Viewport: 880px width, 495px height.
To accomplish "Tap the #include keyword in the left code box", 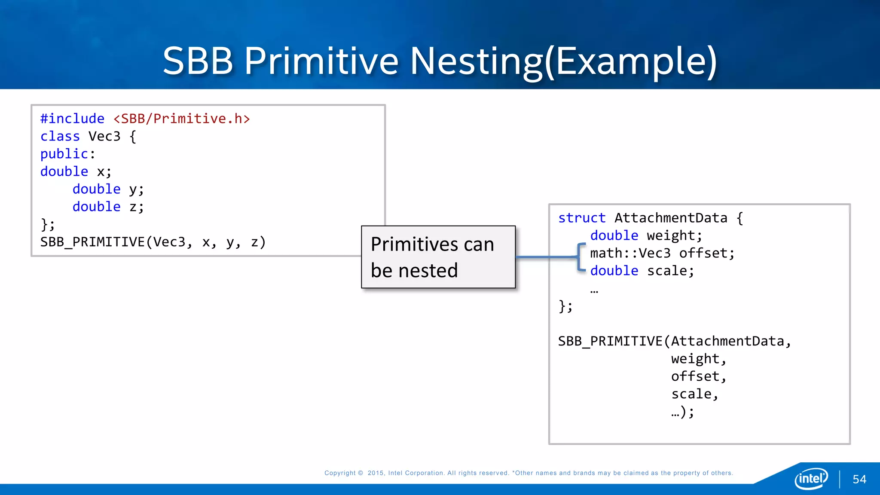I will click(72, 119).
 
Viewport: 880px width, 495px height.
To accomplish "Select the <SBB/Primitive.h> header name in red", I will click(181, 119).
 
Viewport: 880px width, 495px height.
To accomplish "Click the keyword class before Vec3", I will click(60, 136).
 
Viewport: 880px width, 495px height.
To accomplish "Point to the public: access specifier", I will click(67, 154).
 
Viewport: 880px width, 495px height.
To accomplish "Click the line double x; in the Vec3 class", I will click(76, 171).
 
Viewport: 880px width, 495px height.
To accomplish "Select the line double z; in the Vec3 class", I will click(108, 207).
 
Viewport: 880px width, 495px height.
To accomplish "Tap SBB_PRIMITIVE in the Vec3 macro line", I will click(92, 242).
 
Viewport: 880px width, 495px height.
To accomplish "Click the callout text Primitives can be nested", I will click(433, 257).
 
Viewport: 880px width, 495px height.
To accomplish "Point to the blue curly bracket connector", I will click(581, 257).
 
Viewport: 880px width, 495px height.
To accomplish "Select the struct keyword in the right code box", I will click(582, 218).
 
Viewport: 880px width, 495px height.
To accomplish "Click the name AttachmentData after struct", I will click(671, 218).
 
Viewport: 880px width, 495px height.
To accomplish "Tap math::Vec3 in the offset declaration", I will click(630, 253).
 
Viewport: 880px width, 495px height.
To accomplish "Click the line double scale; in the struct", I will click(642, 271).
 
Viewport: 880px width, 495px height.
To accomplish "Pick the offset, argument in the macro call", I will click(699, 376).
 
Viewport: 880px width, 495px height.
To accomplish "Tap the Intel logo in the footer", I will click(811, 478).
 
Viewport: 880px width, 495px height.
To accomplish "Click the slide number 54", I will click(859, 480).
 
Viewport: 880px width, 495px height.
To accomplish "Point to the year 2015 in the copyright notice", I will click(376, 473).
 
